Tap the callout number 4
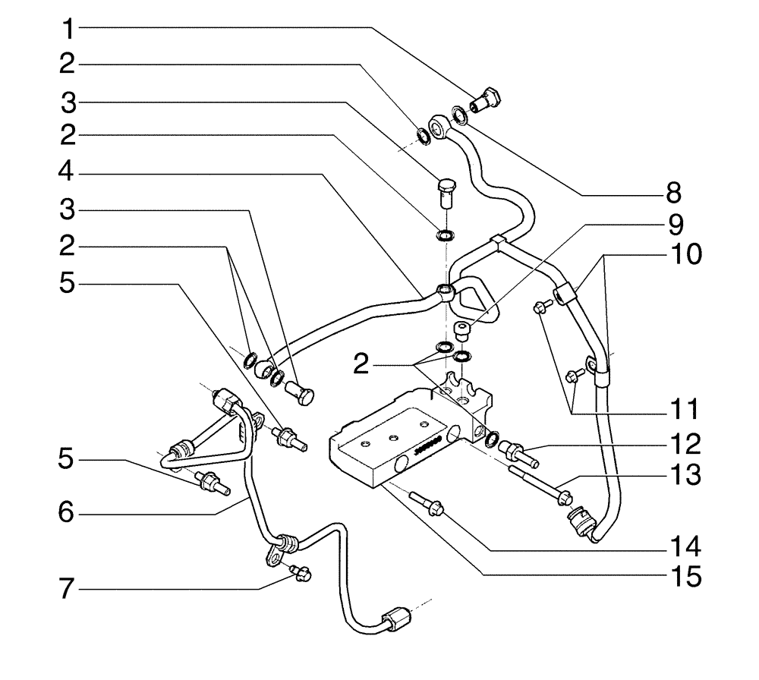coord(68,174)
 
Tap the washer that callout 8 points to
coord(459,115)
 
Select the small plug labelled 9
coord(460,330)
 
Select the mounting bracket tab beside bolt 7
coord(271,560)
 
